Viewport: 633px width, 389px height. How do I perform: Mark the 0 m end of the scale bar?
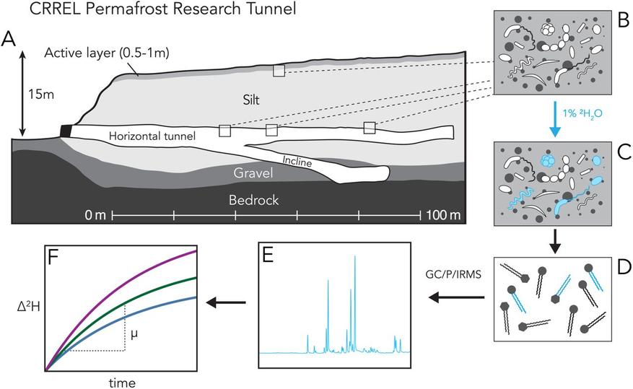point(93,214)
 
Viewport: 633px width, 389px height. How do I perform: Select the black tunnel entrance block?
point(66,130)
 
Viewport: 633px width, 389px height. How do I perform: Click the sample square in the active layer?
point(279,71)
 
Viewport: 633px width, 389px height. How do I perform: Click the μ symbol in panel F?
point(134,335)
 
